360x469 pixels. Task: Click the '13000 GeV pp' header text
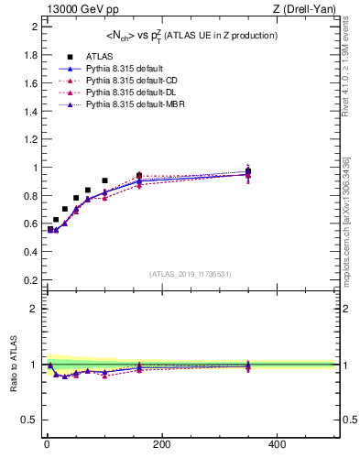point(77,9)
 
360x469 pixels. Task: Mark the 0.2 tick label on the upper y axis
point(30,280)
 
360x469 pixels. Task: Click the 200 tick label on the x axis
point(161,444)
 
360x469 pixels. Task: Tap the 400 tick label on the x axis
point(277,444)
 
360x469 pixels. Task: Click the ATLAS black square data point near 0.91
point(105,180)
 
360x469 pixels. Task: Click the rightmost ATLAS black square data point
point(248,171)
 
